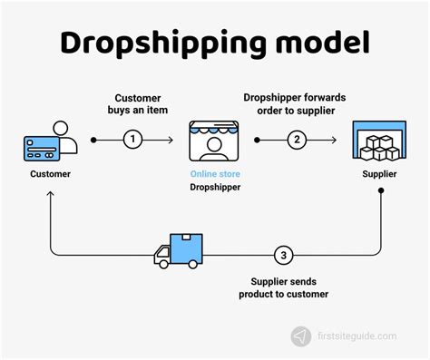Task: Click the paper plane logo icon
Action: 300,336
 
